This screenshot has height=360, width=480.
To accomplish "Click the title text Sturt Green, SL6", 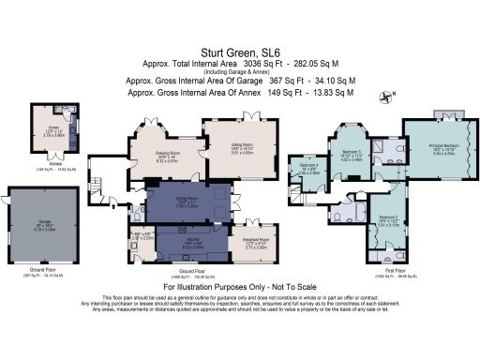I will pos(241,53).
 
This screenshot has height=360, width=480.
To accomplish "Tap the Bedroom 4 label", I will pos(308,170).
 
